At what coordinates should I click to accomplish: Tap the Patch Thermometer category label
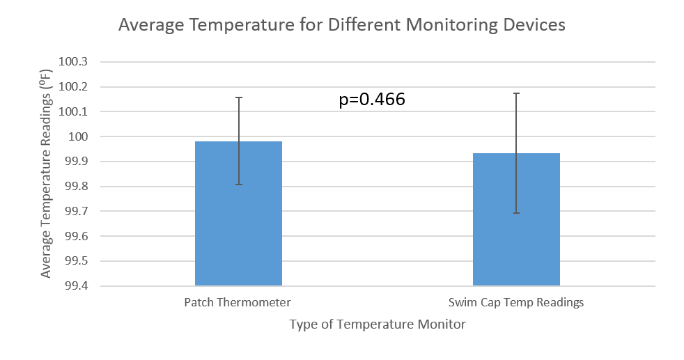coord(238,303)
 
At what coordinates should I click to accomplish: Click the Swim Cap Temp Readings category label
coord(516,303)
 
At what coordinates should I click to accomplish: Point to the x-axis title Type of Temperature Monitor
coord(377,324)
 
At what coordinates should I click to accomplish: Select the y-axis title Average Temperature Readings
coord(46,173)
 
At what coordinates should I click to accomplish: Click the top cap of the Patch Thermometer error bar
coord(239,97)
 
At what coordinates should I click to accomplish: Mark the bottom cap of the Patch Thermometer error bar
coord(239,185)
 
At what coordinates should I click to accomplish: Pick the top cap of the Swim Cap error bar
coord(517,93)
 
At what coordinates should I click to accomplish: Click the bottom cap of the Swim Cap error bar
coord(517,213)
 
